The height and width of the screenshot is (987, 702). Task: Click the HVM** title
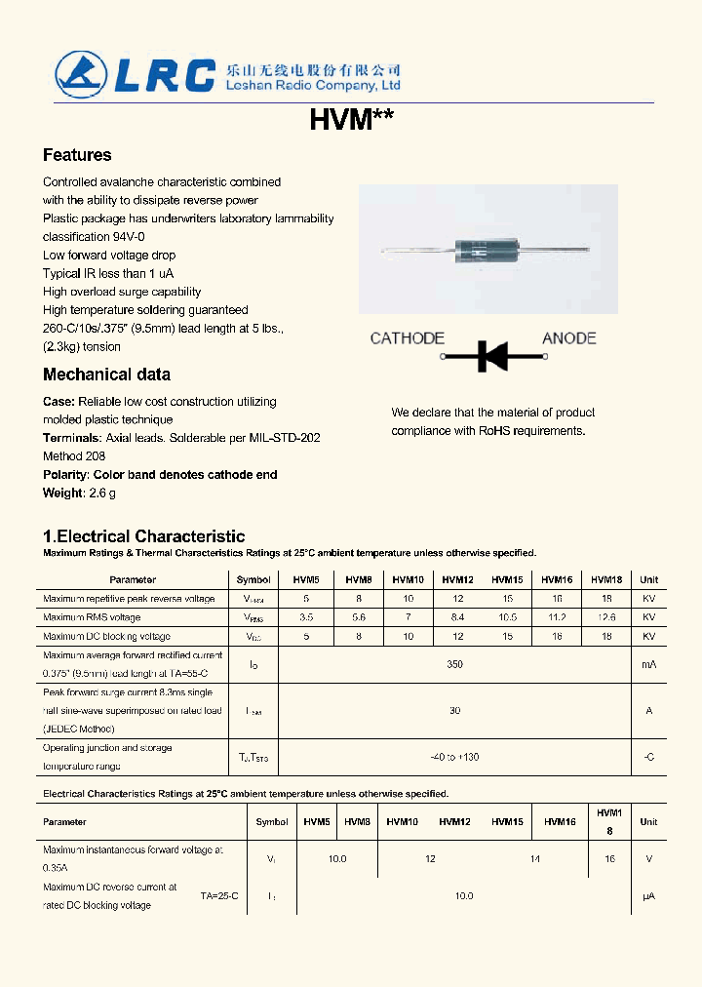(351, 120)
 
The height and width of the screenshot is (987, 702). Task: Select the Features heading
(77, 155)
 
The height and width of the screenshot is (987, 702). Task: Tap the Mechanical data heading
(106, 375)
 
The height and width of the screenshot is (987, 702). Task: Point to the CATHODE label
(407, 338)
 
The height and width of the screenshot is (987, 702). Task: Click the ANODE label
(568, 338)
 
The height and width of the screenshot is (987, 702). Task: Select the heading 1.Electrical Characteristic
(143, 536)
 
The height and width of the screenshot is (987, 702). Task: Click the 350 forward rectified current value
(454, 664)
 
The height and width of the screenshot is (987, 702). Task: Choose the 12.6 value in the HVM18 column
(605, 617)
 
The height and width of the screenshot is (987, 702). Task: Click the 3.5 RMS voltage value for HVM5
(306, 617)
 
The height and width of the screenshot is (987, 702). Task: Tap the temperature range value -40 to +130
(454, 757)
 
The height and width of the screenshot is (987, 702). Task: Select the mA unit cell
(648, 664)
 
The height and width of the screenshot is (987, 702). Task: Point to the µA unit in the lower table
(648, 895)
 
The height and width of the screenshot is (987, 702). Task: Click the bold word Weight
(63, 493)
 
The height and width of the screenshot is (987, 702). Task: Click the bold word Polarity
(66, 475)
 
